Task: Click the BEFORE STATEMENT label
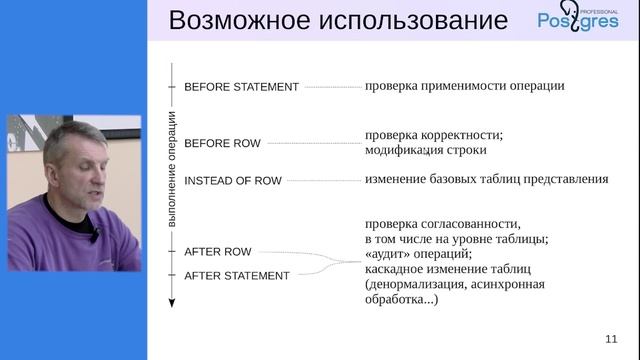tap(241, 87)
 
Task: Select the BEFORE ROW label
tap(222, 144)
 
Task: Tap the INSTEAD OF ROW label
tap(233, 181)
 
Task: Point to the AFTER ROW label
tap(217, 252)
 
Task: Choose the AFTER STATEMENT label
tap(237, 275)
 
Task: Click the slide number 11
tap(611, 337)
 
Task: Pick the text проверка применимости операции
tap(465, 86)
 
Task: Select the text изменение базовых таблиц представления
tap(486, 180)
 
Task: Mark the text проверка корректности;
tap(433, 135)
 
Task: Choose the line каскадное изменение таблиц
tap(447, 269)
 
